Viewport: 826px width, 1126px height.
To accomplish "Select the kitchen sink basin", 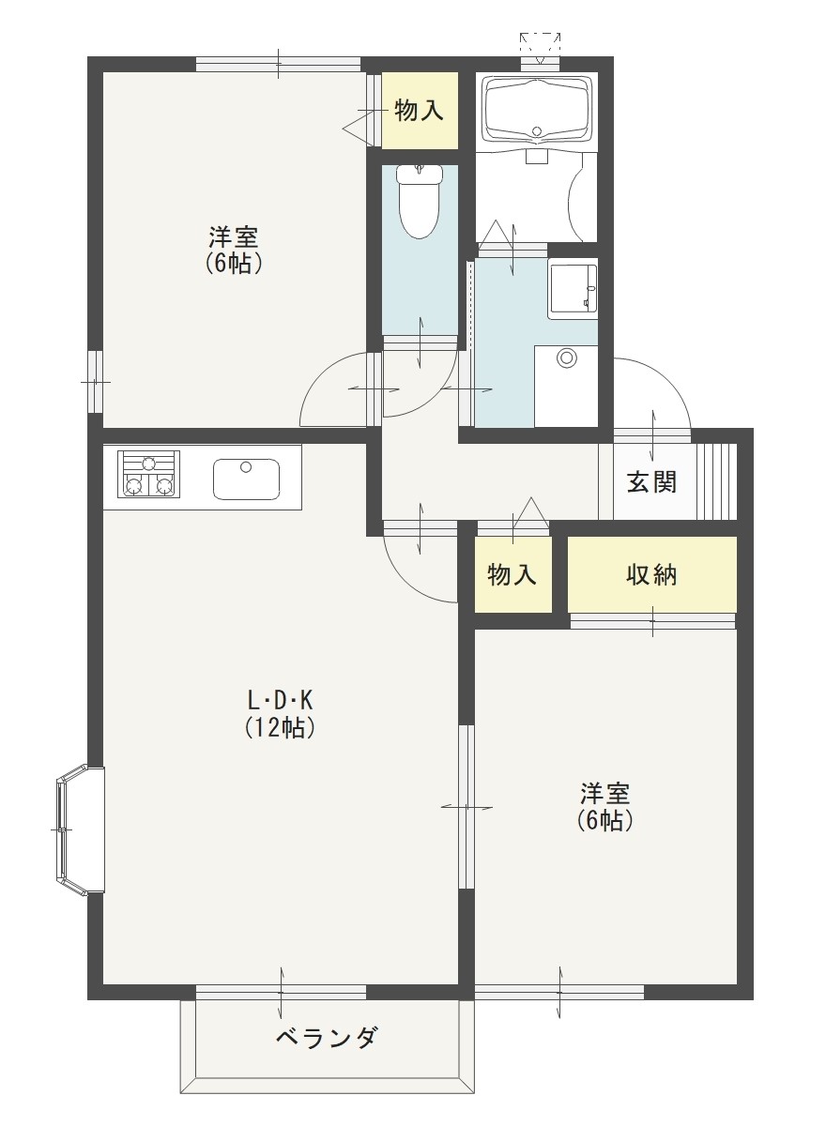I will [246, 479].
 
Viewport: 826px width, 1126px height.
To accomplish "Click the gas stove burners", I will [147, 473].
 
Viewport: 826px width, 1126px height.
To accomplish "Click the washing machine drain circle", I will [566, 358].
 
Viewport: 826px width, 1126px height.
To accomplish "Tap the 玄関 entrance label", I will [651, 482].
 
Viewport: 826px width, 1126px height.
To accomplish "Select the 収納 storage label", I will [651, 575].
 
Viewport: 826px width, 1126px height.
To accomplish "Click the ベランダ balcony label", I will [328, 1039].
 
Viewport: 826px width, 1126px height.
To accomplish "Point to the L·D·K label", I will [280, 700].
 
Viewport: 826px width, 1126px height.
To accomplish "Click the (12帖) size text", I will [280, 727].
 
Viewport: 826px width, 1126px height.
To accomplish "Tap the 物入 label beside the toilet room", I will [419, 111].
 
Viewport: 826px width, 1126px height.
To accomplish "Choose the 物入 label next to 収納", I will [512, 575].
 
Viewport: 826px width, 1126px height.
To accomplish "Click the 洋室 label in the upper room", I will [234, 236].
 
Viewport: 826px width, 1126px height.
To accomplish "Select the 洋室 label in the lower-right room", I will [604, 794].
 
